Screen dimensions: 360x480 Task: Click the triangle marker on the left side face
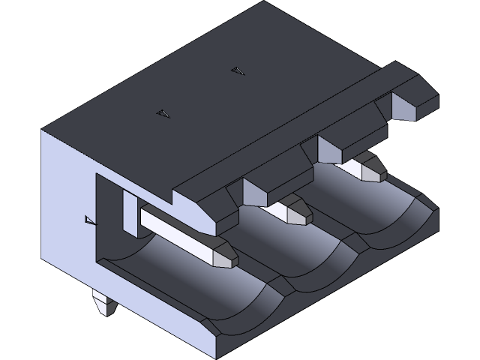pyautogui.click(x=90, y=220)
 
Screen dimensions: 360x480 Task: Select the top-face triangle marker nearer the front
pyautogui.click(x=163, y=114)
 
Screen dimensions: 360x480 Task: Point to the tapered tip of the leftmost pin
pyautogui.click(x=224, y=254)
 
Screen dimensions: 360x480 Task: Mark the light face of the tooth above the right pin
pyautogui.click(x=331, y=151)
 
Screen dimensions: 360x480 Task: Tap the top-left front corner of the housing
pyautogui.click(x=43, y=131)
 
